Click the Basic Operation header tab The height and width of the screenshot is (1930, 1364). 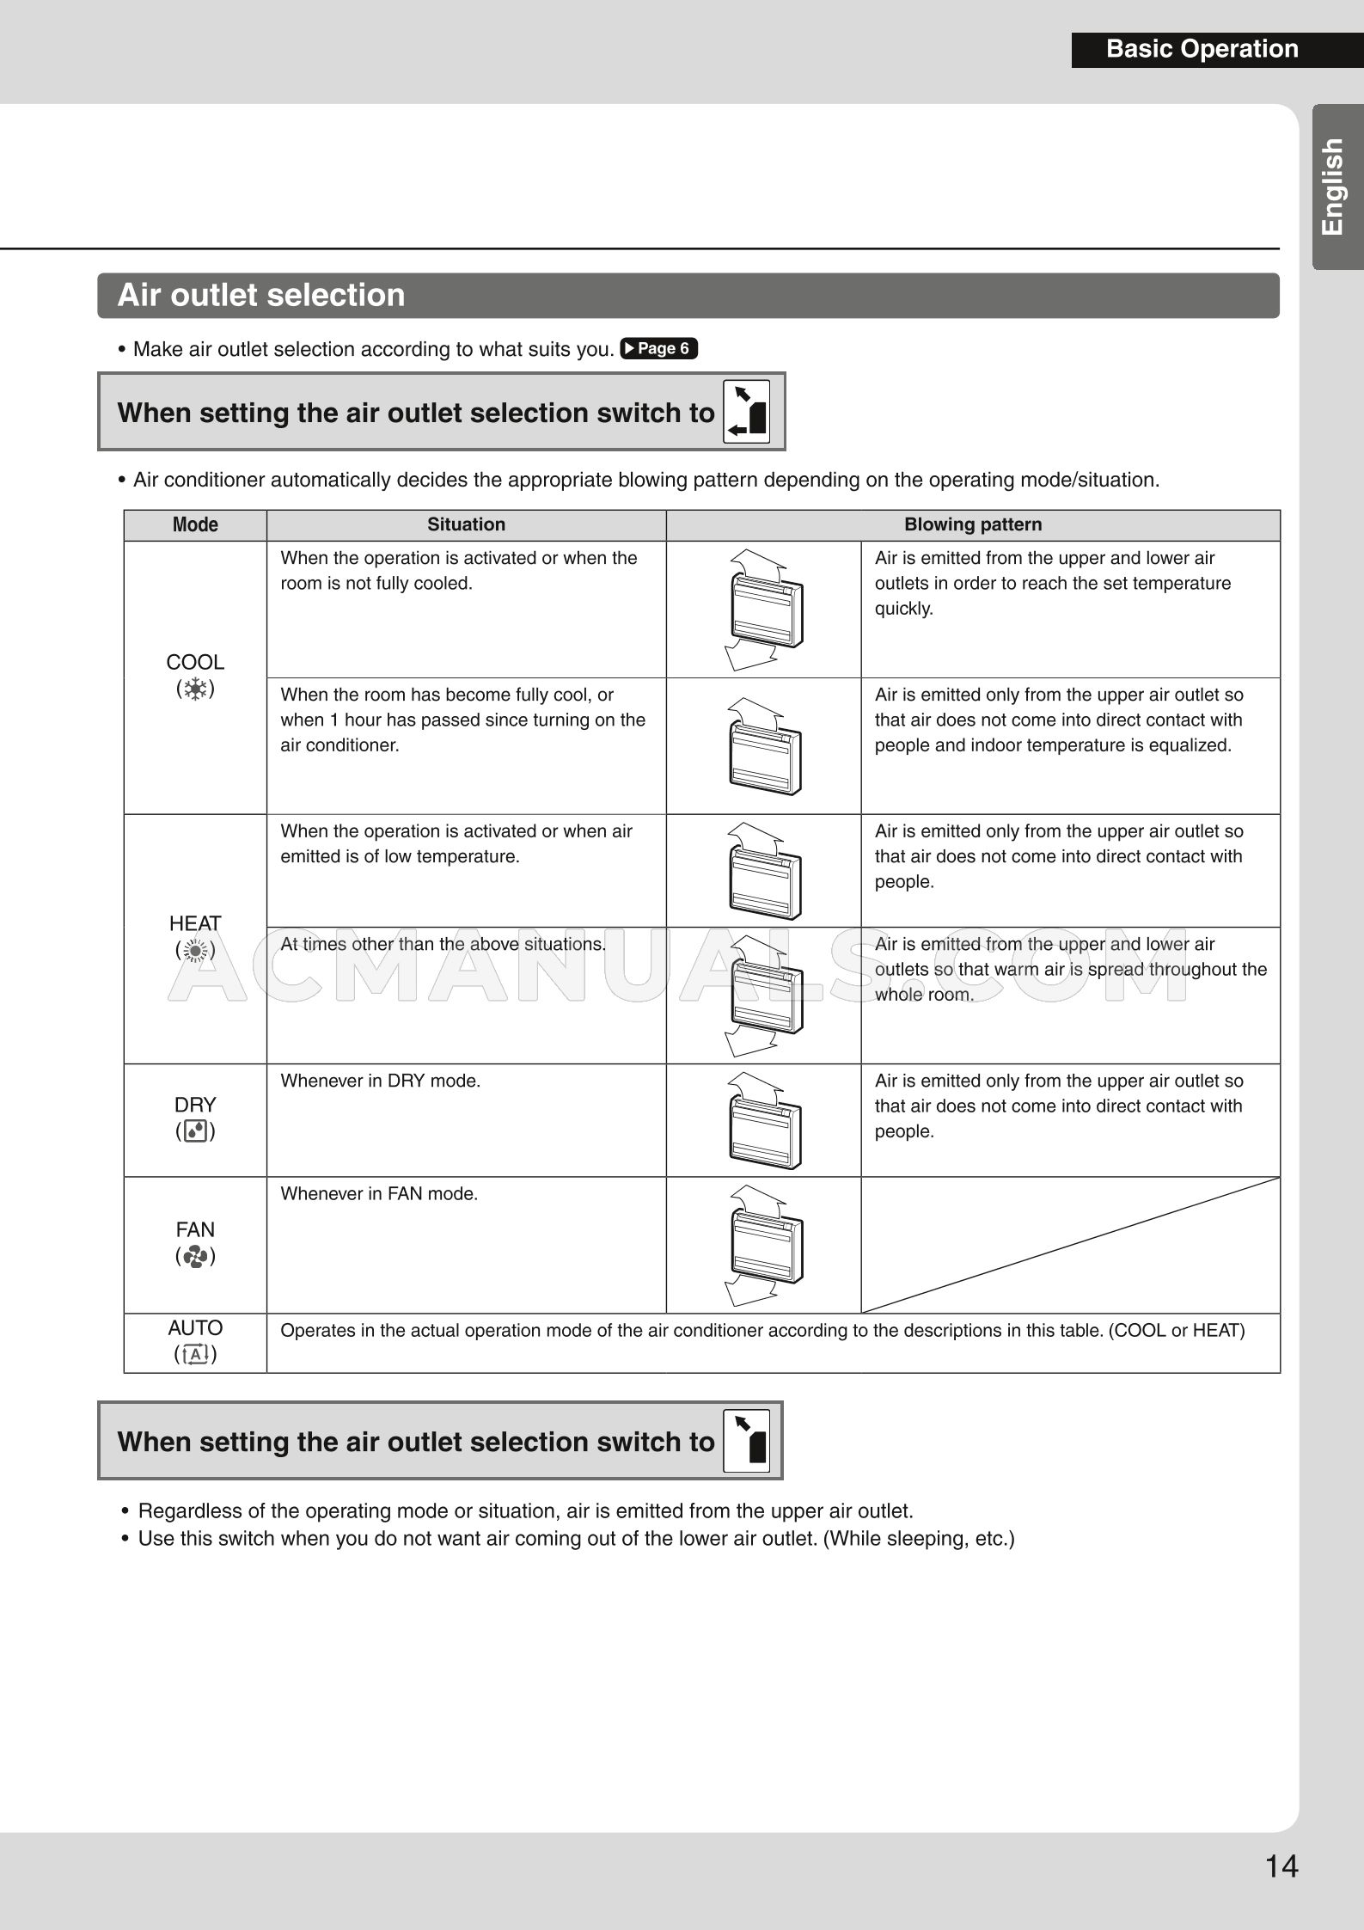1202,49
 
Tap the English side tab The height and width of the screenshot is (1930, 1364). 1334,187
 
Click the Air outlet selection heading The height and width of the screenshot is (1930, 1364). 260,295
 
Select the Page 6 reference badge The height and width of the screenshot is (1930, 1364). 658,348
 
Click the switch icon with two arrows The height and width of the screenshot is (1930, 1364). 746,412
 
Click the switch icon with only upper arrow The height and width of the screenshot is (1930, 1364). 746,1441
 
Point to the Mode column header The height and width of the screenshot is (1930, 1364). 195,524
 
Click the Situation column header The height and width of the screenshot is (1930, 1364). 466,524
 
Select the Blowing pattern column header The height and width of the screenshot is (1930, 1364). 972,524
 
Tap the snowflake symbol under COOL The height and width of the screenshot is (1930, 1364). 195,689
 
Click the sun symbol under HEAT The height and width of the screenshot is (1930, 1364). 195,950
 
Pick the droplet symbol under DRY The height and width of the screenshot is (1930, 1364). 195,1131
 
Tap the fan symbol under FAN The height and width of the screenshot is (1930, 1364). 195,1256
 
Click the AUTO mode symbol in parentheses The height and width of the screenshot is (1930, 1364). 195,1355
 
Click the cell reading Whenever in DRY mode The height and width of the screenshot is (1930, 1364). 380,1081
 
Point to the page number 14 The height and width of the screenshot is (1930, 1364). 1281,1866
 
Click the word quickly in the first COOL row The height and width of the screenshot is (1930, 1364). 903,609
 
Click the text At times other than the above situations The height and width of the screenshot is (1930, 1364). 443,944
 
